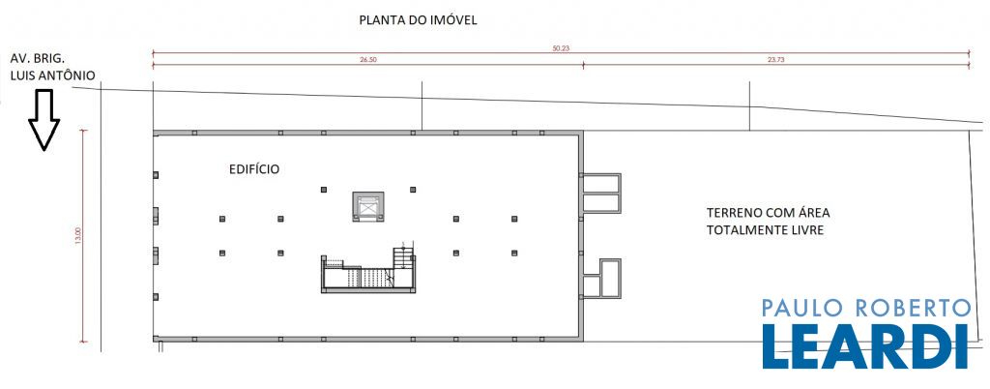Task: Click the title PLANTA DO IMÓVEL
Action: click(x=418, y=20)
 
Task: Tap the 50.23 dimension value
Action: click(x=561, y=48)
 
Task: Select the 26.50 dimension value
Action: click(x=368, y=60)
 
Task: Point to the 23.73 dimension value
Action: click(x=776, y=60)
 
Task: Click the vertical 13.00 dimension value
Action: click(x=78, y=235)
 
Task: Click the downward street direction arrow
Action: click(x=44, y=120)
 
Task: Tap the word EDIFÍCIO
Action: click(x=254, y=169)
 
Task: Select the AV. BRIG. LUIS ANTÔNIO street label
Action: click(x=52, y=67)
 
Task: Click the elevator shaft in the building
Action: click(x=368, y=207)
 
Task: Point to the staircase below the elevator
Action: click(x=368, y=270)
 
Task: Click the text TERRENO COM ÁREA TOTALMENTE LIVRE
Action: click(x=768, y=221)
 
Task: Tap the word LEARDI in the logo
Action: click(x=865, y=346)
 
